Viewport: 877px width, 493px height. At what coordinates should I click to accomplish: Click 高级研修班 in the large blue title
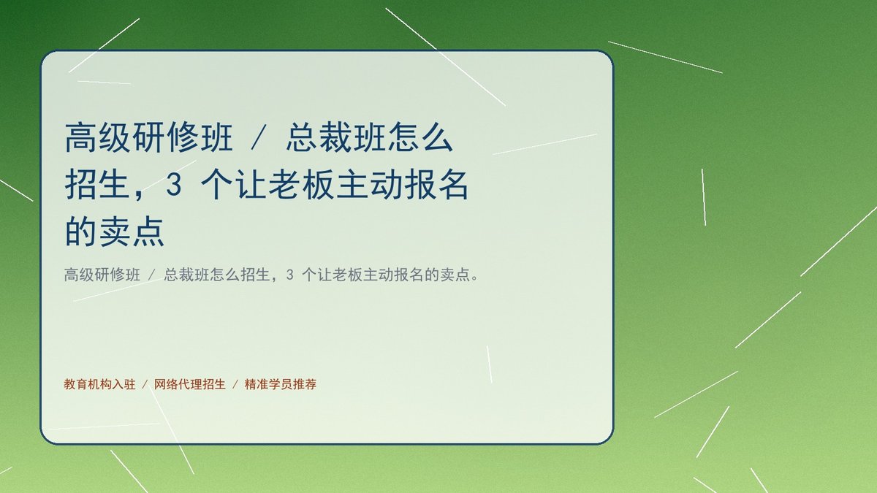(x=149, y=137)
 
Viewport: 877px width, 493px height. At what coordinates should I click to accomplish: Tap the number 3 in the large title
(x=174, y=185)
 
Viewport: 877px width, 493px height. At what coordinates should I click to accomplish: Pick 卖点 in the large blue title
(x=132, y=232)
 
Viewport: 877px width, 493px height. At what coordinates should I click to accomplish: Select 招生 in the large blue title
(x=97, y=185)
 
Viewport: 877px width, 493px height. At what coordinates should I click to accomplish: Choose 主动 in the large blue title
(x=369, y=185)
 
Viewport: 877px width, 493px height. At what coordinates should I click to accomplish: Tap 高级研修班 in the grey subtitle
(x=102, y=275)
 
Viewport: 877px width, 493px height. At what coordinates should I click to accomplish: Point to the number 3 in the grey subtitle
(x=289, y=275)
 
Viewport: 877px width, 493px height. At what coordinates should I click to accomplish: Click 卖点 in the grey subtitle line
(x=455, y=275)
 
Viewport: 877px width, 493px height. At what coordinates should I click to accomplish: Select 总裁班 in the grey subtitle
(x=187, y=275)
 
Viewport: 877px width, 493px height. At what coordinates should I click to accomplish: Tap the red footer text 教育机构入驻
(x=100, y=384)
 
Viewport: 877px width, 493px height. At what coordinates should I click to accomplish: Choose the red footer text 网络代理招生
(x=190, y=384)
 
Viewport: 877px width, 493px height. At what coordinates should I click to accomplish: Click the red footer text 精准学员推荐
(x=281, y=384)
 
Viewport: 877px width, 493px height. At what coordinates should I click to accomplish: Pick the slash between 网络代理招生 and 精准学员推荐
(x=235, y=384)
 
